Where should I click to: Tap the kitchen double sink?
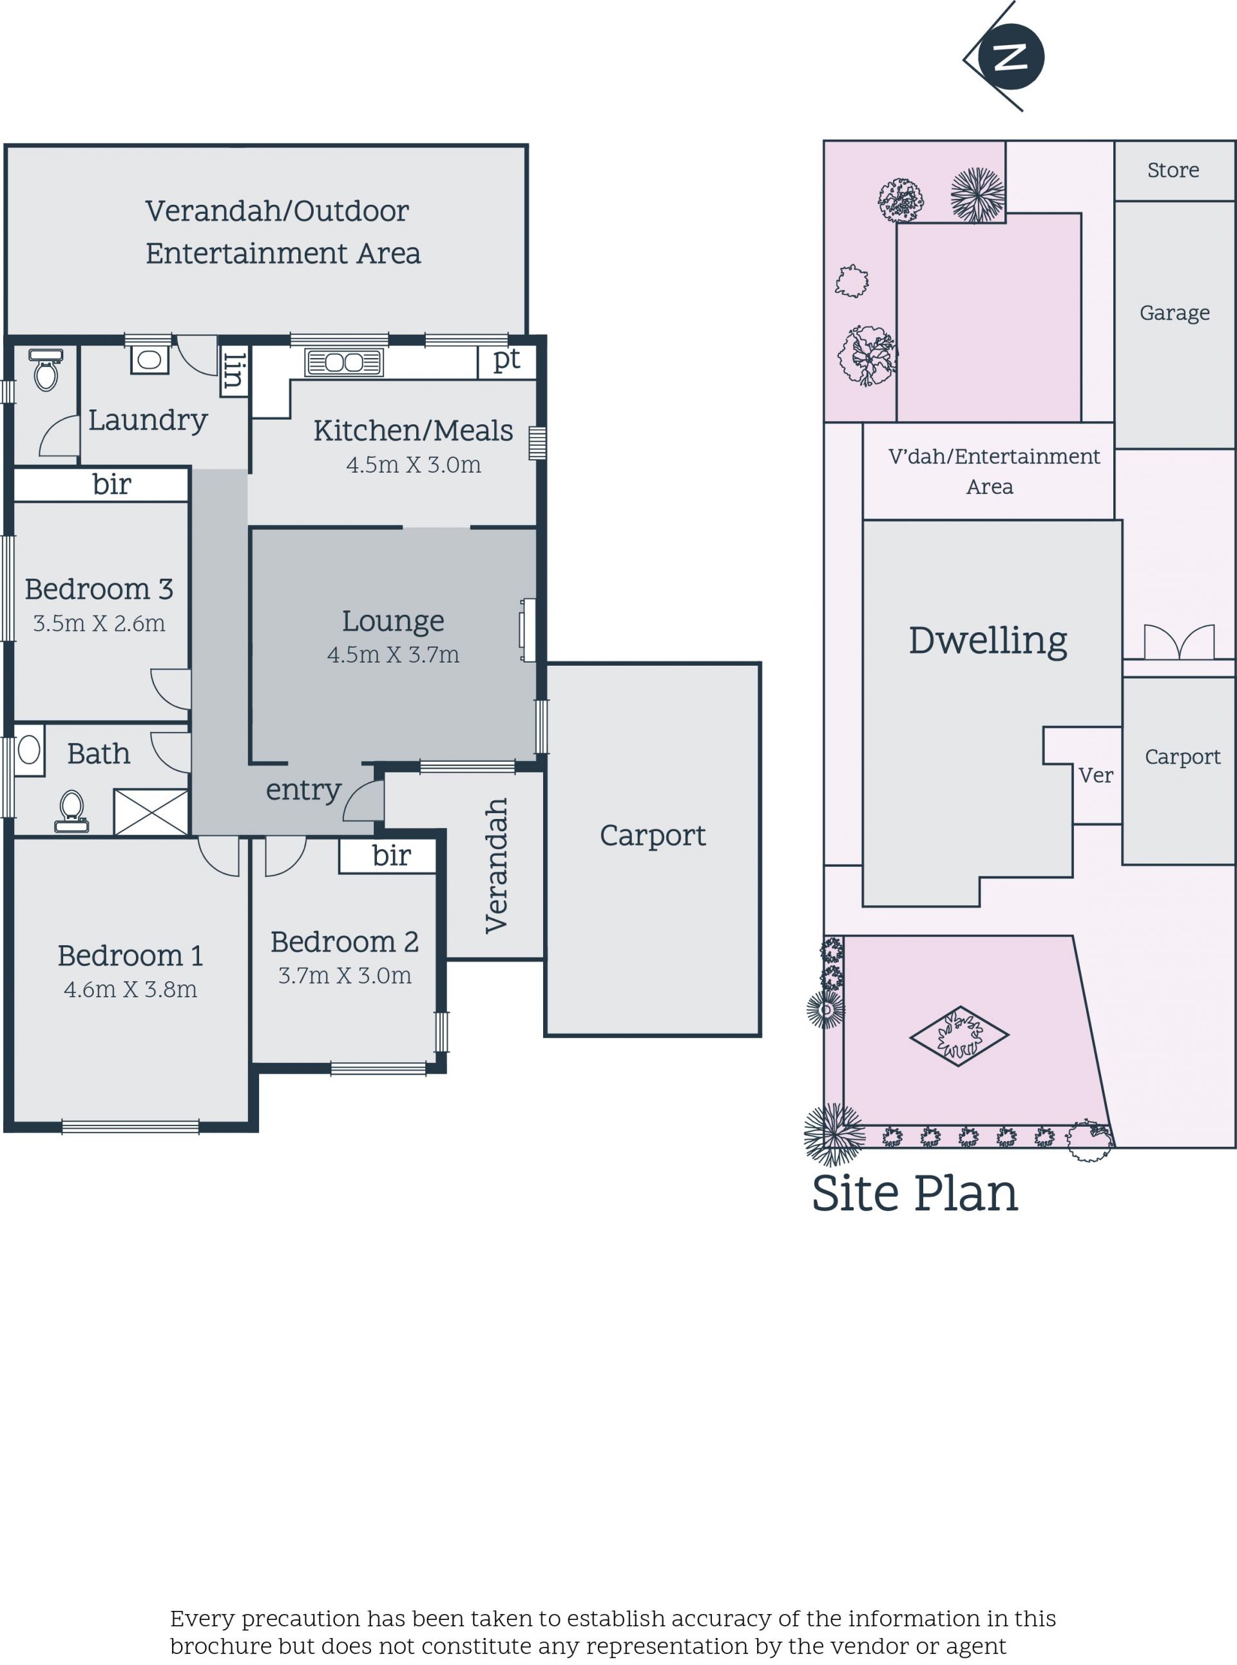pos(343,362)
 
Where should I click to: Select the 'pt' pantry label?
pos(506,360)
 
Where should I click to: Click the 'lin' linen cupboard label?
pos(234,371)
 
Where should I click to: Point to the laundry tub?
pos(149,360)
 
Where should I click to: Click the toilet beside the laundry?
pos(46,370)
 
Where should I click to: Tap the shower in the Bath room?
pos(151,812)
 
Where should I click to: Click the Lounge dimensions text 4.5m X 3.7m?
pos(393,655)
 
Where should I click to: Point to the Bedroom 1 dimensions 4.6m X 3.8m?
pos(130,989)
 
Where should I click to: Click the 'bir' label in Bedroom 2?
pos(391,855)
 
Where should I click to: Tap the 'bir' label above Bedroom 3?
pos(111,485)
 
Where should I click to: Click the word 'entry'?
pos(303,790)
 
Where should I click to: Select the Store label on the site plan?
pos(1173,171)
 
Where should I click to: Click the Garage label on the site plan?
pos(1174,313)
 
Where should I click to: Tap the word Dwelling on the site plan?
pos(988,641)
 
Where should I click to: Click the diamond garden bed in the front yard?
pos(959,1036)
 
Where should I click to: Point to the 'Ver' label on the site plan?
pos(1095,775)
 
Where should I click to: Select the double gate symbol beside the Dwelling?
pos(1178,642)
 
